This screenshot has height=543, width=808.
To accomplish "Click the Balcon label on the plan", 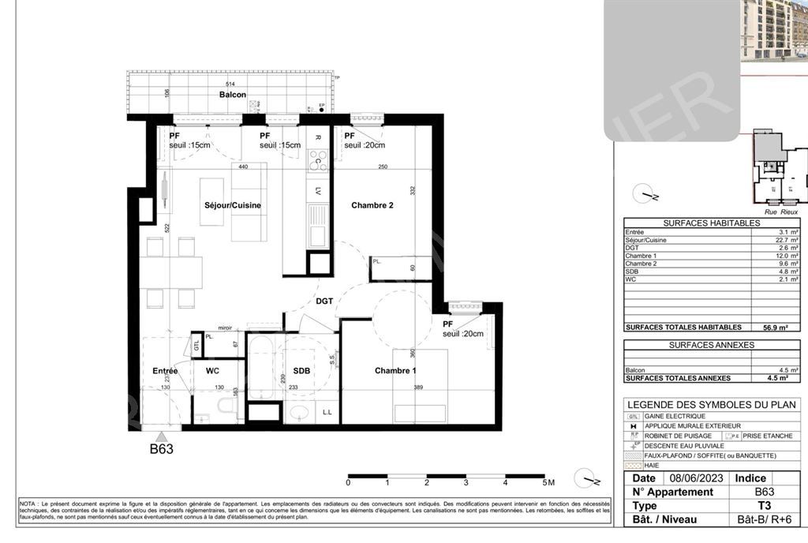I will coord(233,95).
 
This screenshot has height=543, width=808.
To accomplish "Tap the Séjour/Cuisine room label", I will coord(232,205).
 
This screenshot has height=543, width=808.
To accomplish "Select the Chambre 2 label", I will coord(372,205).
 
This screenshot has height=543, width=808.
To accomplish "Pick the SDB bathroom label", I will coord(301,371).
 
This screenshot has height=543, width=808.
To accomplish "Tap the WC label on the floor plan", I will coord(212,370).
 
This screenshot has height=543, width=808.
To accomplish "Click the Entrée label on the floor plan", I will coord(165,370).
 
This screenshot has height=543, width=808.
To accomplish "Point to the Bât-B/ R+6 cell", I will coord(766,520).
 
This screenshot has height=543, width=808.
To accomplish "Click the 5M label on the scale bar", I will coord(548,481).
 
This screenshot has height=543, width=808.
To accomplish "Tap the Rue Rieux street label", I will coord(781,212).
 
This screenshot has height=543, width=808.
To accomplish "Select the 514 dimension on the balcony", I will coord(230,84).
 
